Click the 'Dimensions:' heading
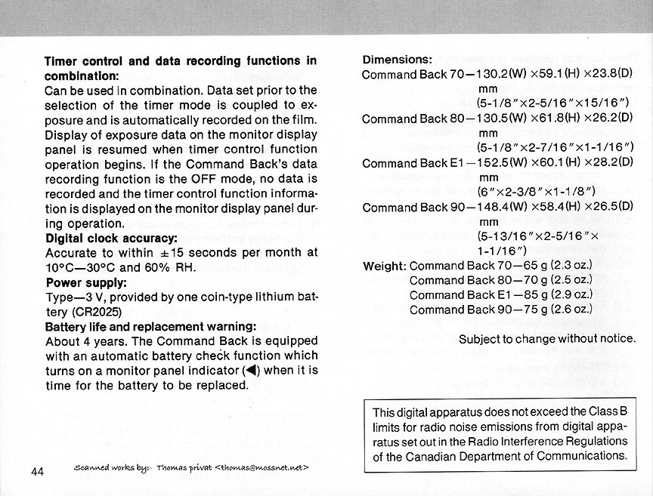398,60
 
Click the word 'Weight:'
385,266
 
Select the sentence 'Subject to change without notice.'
547,338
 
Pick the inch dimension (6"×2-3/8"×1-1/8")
538,193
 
